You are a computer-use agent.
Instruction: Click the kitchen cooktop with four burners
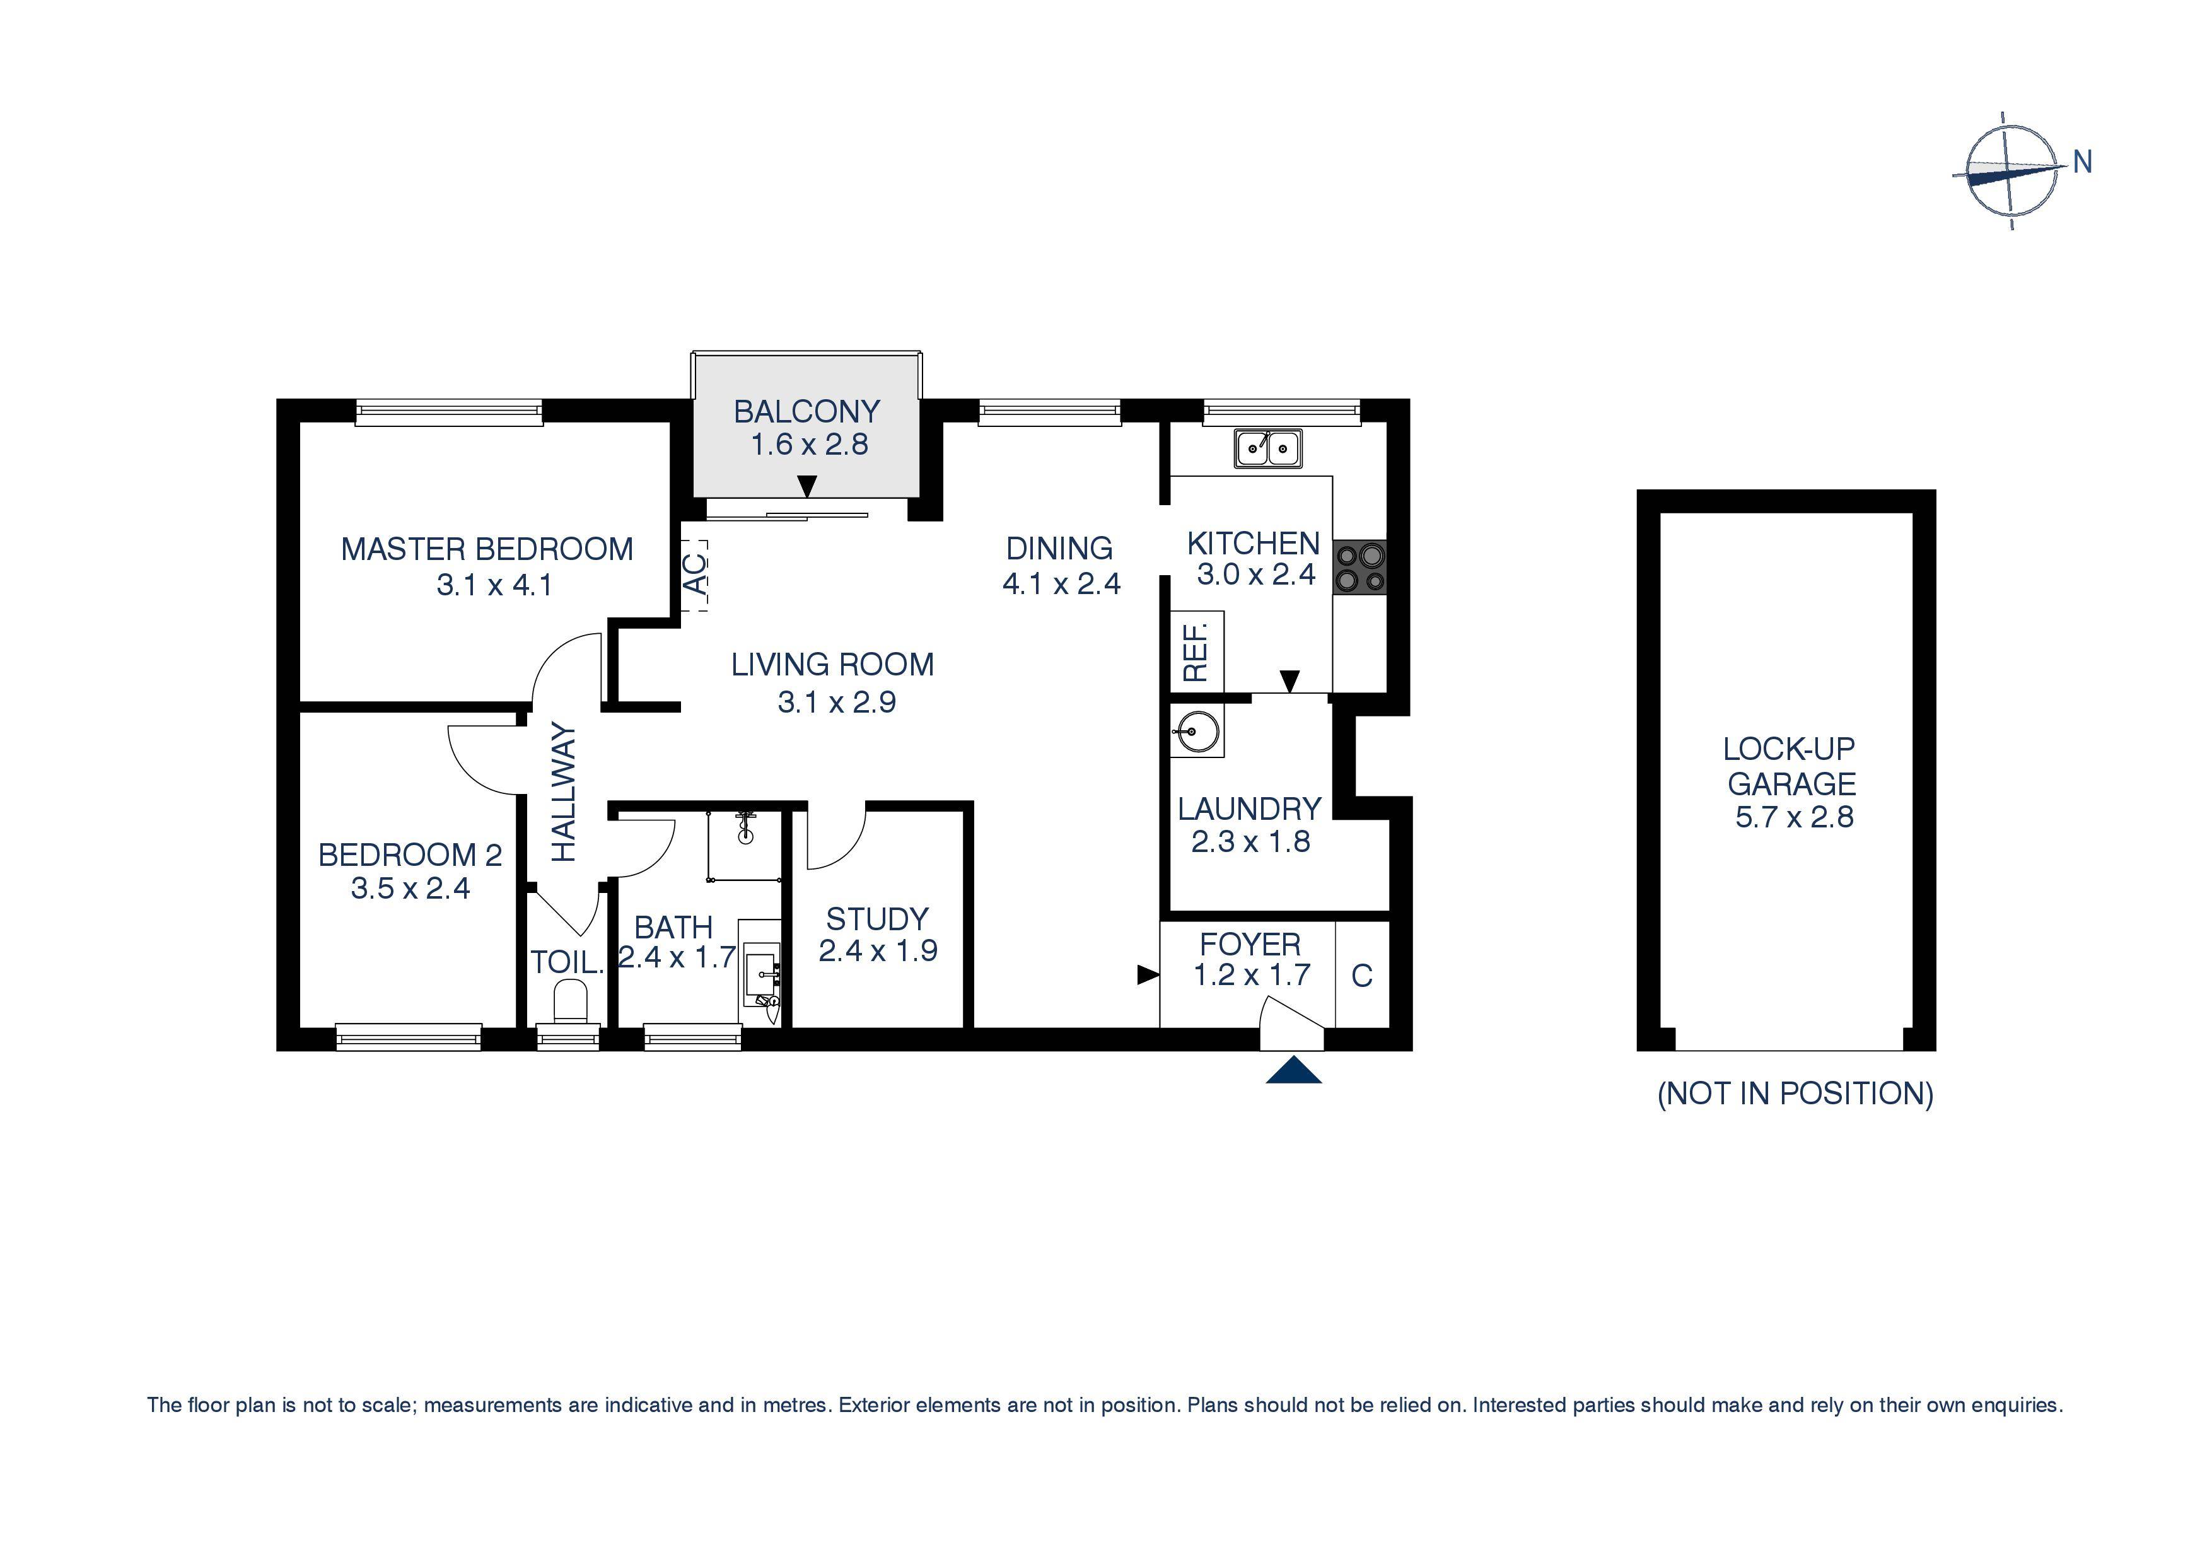(x=1359, y=568)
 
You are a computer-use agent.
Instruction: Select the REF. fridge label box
(x=1196, y=651)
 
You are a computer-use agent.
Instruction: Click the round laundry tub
(x=1196, y=732)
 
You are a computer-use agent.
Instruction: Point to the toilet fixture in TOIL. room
(x=571, y=1001)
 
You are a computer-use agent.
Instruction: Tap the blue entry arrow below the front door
(x=1293, y=1071)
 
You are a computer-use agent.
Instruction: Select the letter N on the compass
(x=2082, y=162)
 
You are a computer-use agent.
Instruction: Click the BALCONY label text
(x=806, y=411)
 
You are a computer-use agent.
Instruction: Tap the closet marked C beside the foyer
(x=1361, y=975)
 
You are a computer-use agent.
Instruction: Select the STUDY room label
(x=876, y=918)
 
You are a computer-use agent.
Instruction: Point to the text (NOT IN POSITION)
(x=1794, y=1093)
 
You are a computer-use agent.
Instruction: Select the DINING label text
(x=1059, y=548)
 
